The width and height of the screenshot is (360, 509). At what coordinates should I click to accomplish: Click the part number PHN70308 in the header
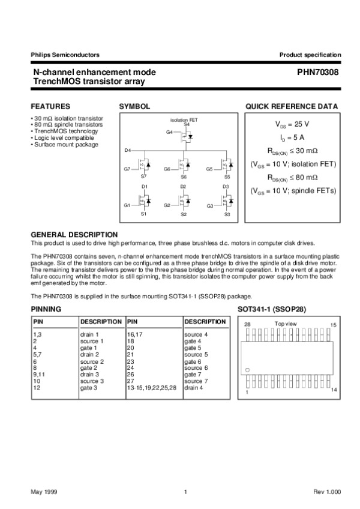318,72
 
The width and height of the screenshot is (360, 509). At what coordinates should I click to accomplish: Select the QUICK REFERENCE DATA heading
292,106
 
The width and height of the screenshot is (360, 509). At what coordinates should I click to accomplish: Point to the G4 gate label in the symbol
169,131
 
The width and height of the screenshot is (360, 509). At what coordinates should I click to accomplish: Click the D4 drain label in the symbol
128,149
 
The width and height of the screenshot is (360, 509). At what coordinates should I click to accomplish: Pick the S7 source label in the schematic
143,177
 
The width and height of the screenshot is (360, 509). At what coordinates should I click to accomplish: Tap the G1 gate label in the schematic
127,205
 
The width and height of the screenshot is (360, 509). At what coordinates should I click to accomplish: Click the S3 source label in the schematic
227,214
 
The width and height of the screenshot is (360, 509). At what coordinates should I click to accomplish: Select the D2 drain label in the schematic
183,187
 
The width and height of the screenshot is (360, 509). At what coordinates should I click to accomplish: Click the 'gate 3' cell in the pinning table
88,388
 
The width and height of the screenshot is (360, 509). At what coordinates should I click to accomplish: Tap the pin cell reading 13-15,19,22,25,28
152,388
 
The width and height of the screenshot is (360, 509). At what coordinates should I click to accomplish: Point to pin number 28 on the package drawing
247,324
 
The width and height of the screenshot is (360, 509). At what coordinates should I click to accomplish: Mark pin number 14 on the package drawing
334,391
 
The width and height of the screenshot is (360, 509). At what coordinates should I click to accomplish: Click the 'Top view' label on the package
285,324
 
